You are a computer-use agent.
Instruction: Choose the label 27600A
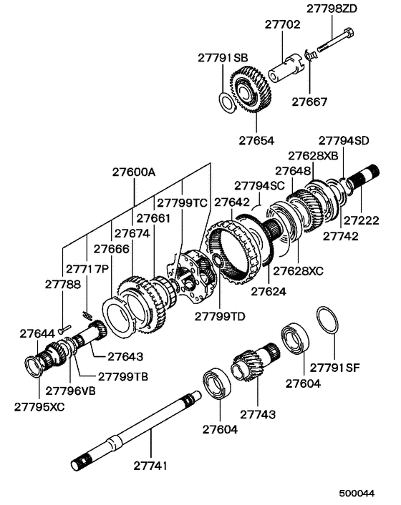134,172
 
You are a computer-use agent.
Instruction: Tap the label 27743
258,414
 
